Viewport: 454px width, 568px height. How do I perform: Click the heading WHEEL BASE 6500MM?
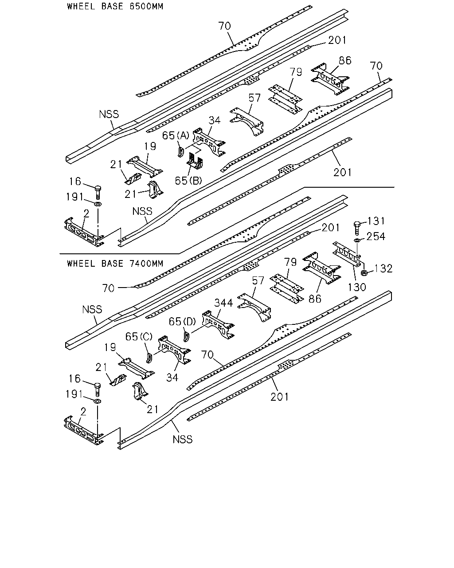[115, 6]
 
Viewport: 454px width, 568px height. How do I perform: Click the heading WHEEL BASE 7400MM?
[115, 264]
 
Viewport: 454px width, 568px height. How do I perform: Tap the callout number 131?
[376, 221]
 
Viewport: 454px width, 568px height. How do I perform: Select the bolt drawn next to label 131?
[357, 228]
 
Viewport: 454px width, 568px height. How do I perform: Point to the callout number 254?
[376, 237]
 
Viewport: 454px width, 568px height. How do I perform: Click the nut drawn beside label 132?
[364, 272]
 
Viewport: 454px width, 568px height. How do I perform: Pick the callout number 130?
[357, 287]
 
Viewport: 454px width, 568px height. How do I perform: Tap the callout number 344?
[223, 303]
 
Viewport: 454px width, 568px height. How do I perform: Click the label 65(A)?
[176, 135]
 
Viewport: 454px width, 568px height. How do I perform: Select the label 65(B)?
[188, 181]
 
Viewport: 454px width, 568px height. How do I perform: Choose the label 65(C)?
[139, 336]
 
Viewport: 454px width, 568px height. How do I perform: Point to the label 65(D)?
[182, 321]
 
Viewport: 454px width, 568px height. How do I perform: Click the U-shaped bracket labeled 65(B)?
[195, 161]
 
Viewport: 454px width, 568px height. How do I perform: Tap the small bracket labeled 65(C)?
[149, 358]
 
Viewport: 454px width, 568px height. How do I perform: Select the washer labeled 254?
[356, 240]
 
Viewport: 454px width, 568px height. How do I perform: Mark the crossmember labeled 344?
[218, 325]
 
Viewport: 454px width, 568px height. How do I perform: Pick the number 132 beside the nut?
[384, 269]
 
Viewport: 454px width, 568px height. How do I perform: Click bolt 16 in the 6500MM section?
[98, 192]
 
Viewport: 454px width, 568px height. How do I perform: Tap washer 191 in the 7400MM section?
[98, 402]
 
